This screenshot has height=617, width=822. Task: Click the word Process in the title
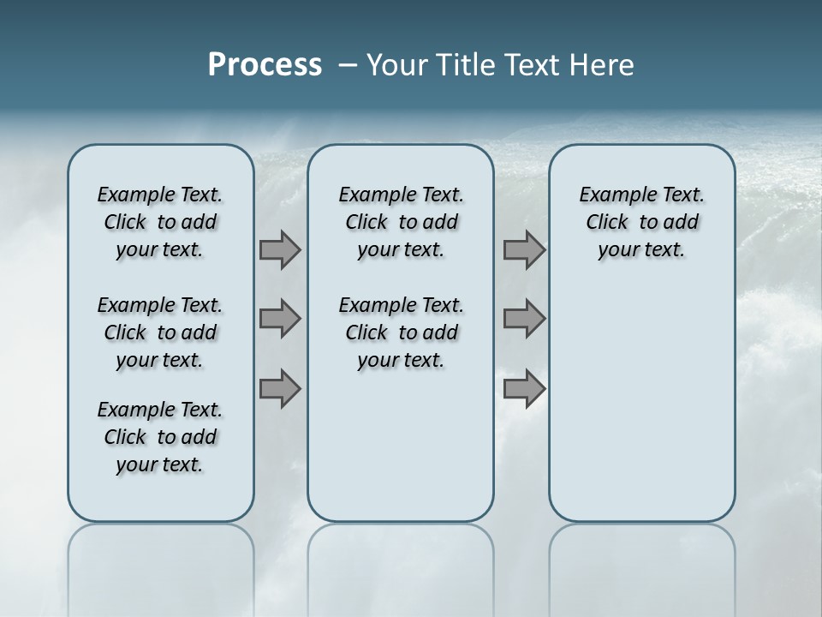[x=265, y=65]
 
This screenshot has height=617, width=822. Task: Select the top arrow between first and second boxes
[x=280, y=250]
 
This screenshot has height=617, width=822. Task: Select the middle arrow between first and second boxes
[x=280, y=319]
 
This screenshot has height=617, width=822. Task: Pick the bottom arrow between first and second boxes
[x=280, y=389]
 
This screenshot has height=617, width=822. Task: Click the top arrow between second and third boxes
[x=524, y=250]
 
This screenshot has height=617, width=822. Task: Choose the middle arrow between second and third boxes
[x=524, y=319]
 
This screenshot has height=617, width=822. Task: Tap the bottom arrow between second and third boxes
[x=524, y=389]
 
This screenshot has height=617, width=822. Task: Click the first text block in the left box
[x=160, y=223]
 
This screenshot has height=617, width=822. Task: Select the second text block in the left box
[x=160, y=332]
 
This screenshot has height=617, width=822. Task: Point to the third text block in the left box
[x=160, y=437]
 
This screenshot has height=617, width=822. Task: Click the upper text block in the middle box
[x=401, y=223]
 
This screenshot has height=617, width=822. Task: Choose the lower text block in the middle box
[x=401, y=332]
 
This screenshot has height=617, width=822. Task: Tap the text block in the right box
[x=641, y=223]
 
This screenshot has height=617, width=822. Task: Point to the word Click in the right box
[x=607, y=223]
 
